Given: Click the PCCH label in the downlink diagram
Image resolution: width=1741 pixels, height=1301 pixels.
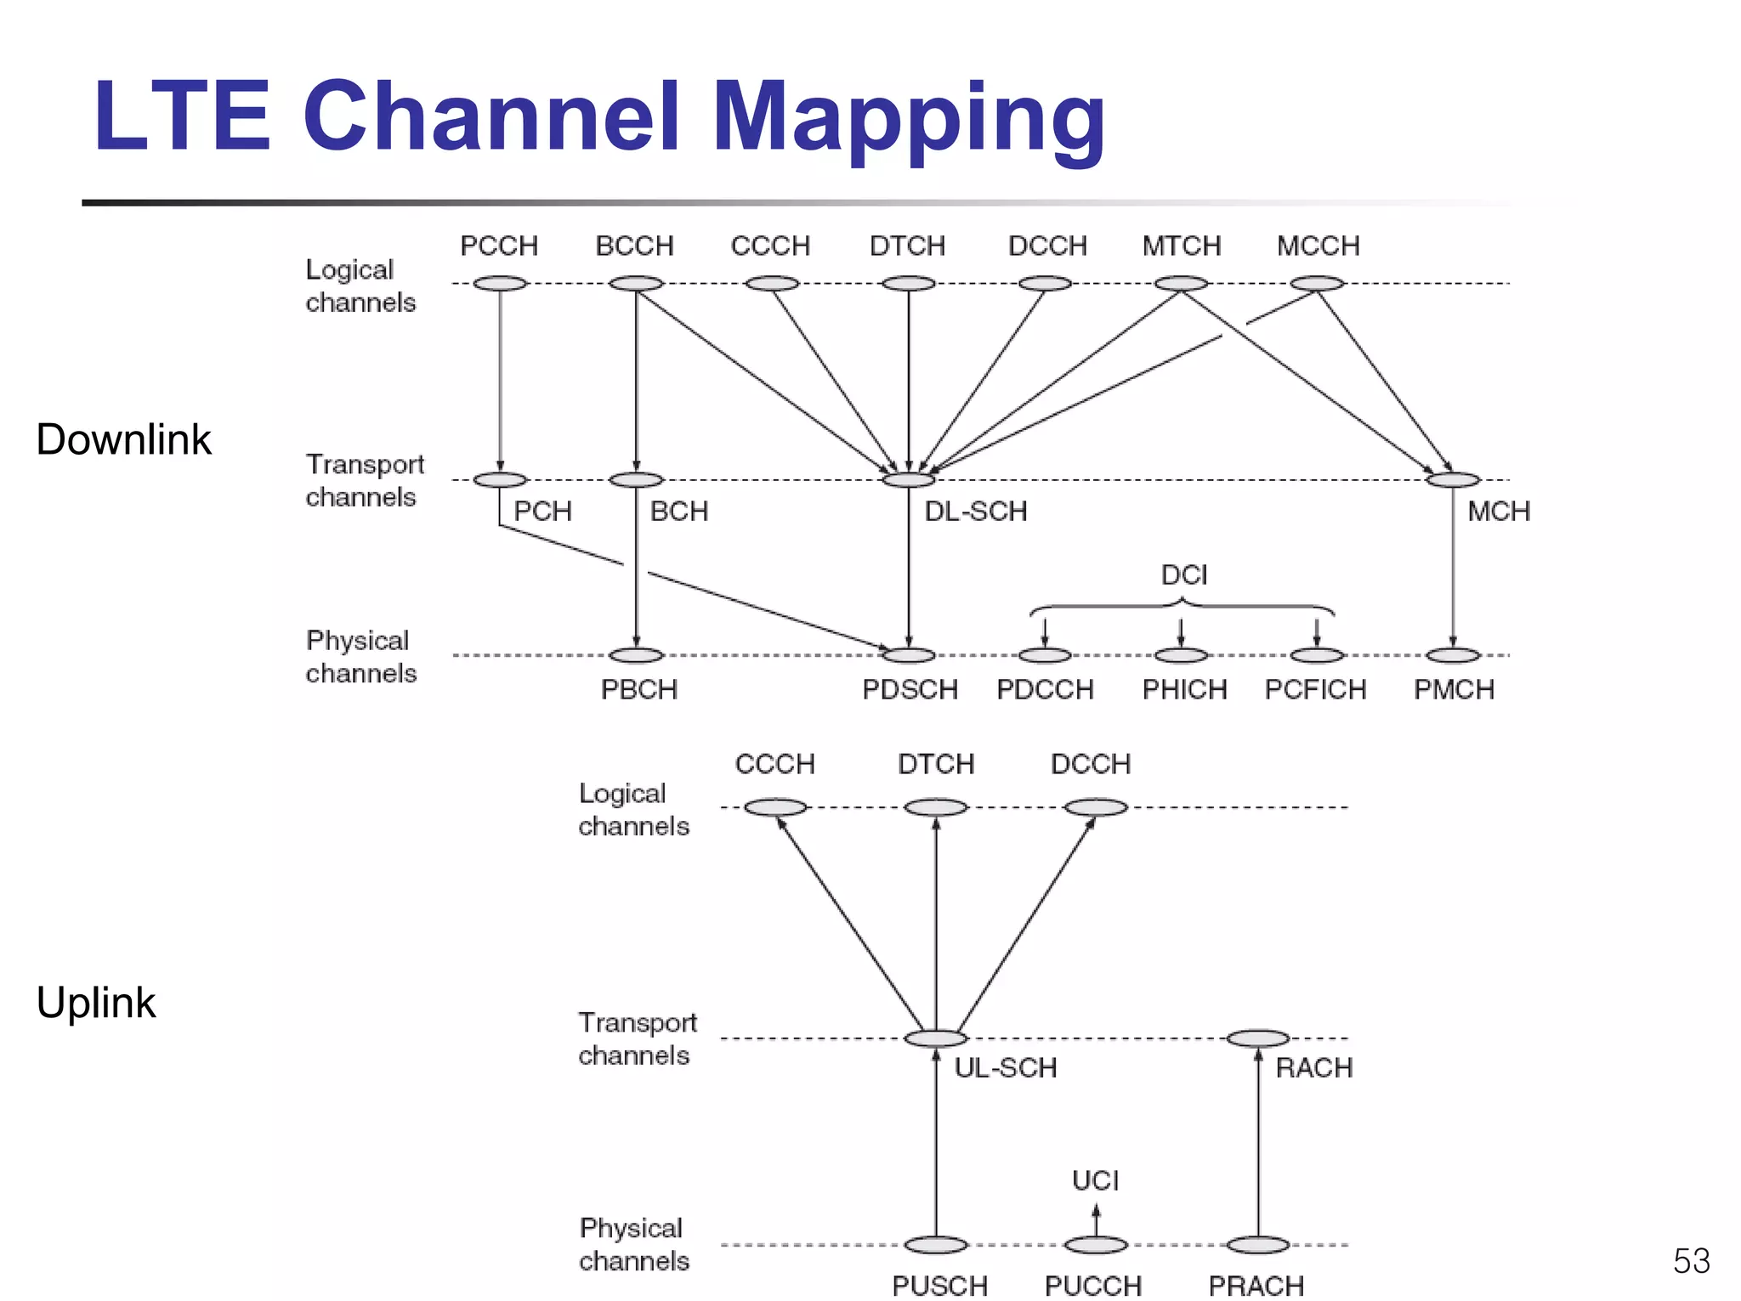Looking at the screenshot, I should pyautogui.click(x=499, y=246).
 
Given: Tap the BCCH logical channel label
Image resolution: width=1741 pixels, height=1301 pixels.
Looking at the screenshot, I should pyautogui.click(x=634, y=246).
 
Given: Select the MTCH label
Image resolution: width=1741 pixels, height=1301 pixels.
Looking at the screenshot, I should pyautogui.click(x=1181, y=246).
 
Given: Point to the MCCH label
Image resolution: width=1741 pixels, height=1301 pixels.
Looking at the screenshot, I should pyautogui.click(x=1318, y=246).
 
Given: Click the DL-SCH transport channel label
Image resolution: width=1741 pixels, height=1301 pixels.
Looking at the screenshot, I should pyautogui.click(x=976, y=511).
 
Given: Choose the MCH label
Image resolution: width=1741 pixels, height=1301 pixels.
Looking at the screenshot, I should pyautogui.click(x=1499, y=511).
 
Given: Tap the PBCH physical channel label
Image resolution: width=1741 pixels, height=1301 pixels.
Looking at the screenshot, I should pyautogui.click(x=639, y=689).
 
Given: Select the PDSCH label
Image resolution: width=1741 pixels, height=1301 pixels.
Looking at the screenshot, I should pyautogui.click(x=910, y=689).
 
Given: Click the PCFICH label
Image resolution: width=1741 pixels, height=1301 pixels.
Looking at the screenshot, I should pyautogui.click(x=1315, y=689).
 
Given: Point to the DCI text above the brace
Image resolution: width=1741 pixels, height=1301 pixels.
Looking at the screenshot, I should pyautogui.click(x=1184, y=575).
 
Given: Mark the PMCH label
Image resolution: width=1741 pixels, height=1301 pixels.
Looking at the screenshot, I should pyautogui.click(x=1454, y=689).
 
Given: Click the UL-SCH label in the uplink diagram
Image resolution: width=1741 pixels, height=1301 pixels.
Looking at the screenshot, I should pyautogui.click(x=1006, y=1067).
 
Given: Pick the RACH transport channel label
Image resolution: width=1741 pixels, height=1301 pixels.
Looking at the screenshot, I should pyautogui.click(x=1313, y=1067).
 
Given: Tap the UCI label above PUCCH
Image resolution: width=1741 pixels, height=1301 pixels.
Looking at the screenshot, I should pyautogui.click(x=1095, y=1180).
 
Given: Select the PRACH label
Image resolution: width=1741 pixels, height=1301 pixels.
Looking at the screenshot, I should pyautogui.click(x=1256, y=1286).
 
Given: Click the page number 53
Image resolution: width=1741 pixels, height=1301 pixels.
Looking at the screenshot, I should pyautogui.click(x=1691, y=1261).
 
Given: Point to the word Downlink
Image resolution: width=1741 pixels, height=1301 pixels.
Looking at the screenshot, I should pyautogui.click(x=123, y=439).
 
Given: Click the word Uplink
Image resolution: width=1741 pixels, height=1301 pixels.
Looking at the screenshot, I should pyautogui.click(x=96, y=1002).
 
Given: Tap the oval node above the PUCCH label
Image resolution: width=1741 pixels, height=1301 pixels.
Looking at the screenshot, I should pyautogui.click(x=1096, y=1245).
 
